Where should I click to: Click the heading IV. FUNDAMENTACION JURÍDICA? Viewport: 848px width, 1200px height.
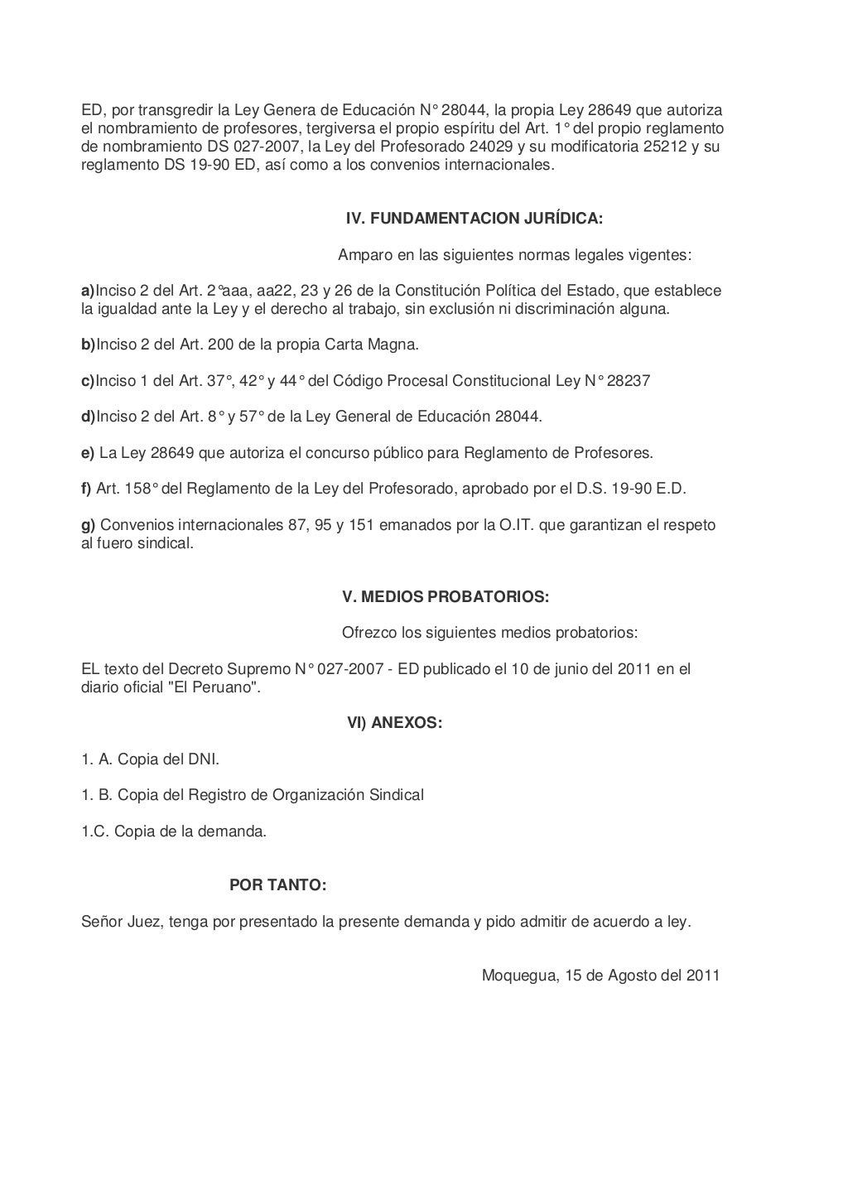tap(474, 219)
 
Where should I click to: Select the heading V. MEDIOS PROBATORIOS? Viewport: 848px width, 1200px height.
tap(446, 596)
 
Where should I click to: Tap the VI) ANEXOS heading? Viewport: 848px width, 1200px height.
tap(394, 723)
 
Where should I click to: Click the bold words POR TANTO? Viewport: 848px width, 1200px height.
tap(277, 885)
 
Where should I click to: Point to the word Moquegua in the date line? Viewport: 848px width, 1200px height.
tap(518, 975)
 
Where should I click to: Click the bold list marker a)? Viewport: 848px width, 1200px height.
tap(88, 291)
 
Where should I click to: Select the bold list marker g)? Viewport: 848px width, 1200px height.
tap(88, 525)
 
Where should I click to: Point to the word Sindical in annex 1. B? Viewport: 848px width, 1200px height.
tap(396, 795)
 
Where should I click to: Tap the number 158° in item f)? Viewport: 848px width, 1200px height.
tap(138, 489)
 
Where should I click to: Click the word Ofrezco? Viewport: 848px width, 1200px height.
tap(369, 633)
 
